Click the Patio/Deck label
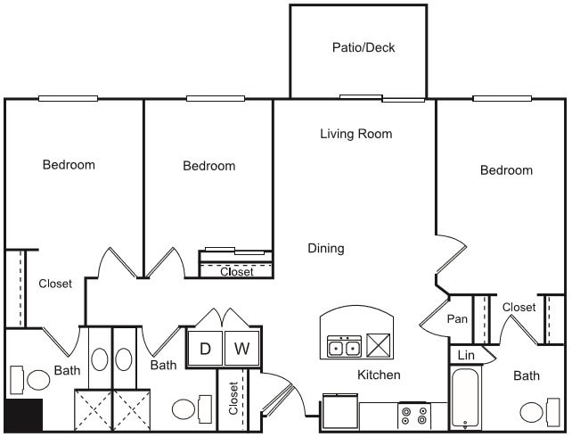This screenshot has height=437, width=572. (x=363, y=47)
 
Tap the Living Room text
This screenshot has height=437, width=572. (x=355, y=134)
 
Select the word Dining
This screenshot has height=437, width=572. (x=326, y=248)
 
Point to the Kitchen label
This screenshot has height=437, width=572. (x=379, y=375)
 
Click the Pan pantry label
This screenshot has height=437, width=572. (x=457, y=318)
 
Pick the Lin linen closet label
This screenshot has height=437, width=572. (x=465, y=355)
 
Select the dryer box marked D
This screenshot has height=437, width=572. (x=205, y=349)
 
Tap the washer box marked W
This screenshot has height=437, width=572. (x=240, y=349)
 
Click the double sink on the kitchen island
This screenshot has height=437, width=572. (x=344, y=347)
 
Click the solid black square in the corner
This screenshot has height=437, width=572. (x=23, y=416)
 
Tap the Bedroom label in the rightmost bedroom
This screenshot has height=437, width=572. (x=506, y=170)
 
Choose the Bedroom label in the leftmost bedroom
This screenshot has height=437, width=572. (x=69, y=164)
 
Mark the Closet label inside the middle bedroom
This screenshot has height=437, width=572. (x=236, y=272)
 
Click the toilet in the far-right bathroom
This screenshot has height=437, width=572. (x=533, y=412)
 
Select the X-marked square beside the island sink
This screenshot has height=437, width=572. (x=379, y=346)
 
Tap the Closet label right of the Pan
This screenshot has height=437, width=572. (x=519, y=307)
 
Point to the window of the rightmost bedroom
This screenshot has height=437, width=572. (x=502, y=98)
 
